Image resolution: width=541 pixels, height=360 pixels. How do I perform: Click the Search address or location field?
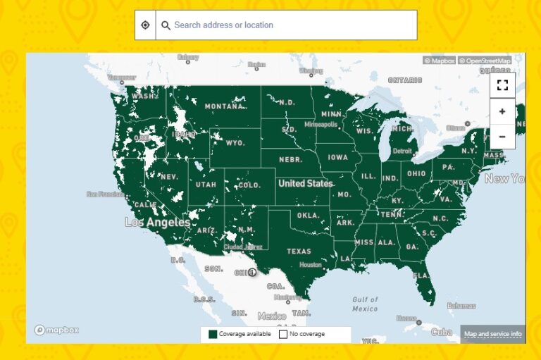[289, 25]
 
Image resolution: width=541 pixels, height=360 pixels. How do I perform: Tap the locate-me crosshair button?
[145, 25]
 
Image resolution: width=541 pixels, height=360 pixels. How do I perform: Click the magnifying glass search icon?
[166, 25]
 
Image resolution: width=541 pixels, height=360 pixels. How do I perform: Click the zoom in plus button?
[502, 111]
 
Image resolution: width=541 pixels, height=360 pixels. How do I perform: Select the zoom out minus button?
[502, 136]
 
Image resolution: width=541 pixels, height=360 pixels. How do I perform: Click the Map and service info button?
[492, 334]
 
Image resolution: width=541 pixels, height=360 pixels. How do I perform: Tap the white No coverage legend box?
[283, 334]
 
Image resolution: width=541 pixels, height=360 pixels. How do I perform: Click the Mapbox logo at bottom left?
[57, 330]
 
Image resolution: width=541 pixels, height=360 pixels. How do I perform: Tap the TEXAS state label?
[299, 252]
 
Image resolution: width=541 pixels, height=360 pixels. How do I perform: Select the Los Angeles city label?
[157, 223]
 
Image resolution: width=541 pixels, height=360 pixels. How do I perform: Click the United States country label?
[305, 183]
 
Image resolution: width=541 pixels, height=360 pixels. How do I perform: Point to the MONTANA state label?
[225, 107]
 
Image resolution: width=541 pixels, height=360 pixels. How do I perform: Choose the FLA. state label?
[421, 275]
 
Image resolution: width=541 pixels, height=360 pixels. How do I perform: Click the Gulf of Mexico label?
[365, 304]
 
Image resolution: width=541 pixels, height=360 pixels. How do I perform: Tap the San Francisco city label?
[105, 194]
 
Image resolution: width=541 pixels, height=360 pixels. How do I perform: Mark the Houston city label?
[310, 265]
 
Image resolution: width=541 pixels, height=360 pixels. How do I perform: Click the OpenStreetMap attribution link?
[485, 61]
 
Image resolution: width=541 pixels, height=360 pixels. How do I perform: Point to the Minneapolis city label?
[321, 124]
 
